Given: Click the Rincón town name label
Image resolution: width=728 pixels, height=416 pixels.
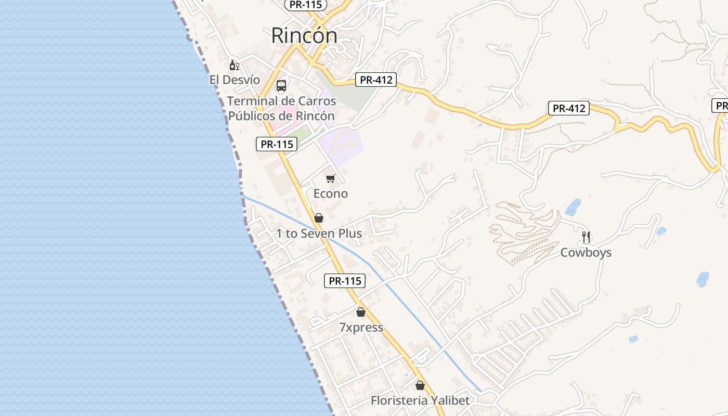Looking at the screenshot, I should (304, 35).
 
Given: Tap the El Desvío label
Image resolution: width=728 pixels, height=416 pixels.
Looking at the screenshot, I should (235, 80).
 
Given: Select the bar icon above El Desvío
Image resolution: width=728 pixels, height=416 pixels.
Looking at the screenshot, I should (235, 66).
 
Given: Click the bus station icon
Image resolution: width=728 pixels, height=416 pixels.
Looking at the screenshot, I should (281, 86).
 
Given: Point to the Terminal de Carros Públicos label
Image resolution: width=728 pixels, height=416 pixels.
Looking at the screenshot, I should (281, 108).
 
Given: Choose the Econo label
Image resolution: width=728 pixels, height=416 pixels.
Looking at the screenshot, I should (330, 193).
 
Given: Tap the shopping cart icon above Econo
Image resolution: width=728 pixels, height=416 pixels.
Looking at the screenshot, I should (330, 179).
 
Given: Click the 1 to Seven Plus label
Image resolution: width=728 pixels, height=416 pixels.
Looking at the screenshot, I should (319, 233).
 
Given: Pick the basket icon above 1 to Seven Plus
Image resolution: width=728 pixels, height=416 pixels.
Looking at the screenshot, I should (319, 218).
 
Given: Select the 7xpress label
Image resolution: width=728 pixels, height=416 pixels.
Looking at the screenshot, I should (361, 328).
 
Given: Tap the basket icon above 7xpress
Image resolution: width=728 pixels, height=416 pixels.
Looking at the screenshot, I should (361, 312).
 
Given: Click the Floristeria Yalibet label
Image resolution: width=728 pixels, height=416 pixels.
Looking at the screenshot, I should (420, 400).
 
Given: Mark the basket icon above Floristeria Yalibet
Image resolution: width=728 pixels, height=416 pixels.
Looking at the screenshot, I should (420, 385).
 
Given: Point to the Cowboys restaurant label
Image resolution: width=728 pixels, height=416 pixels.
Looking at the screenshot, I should (586, 253).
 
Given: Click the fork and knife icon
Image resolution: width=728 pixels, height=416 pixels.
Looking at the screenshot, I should (586, 237).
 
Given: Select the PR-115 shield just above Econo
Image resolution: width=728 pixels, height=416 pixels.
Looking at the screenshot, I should (277, 144).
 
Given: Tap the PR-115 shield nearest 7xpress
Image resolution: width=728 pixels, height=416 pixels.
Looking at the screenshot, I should (345, 281).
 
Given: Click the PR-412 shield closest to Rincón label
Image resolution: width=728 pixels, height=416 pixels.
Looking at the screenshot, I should (376, 80).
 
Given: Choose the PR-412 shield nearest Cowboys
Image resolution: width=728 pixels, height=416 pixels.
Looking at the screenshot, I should (569, 108).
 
